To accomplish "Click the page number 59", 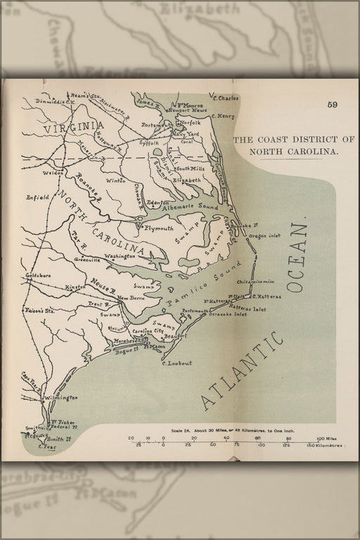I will [x=332, y=105].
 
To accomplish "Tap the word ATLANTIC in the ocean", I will [x=243, y=371].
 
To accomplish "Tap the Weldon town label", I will [x=34, y=172].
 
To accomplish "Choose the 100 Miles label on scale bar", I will [x=324, y=438].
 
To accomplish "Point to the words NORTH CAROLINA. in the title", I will [x=286, y=151].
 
